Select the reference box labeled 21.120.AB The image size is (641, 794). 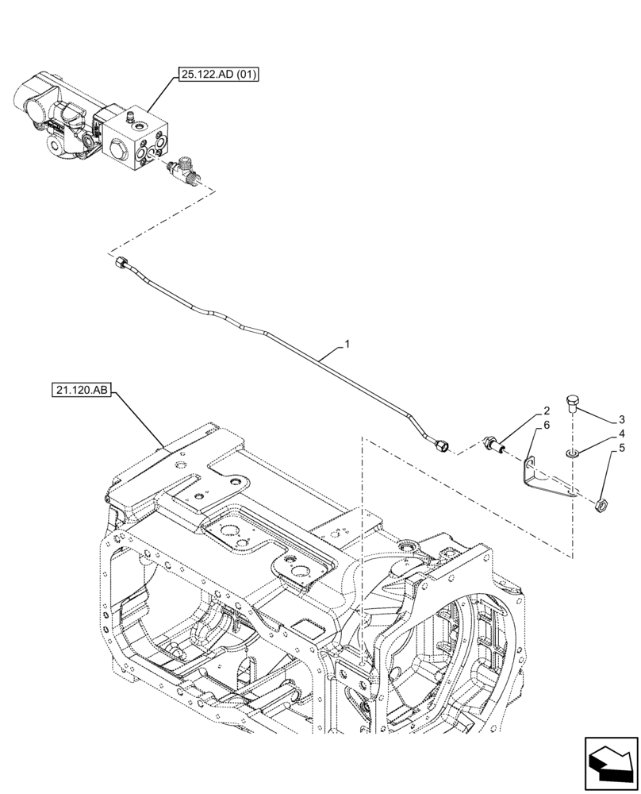(83, 390)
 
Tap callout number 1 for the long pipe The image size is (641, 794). (346, 345)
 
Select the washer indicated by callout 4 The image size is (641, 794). (572, 453)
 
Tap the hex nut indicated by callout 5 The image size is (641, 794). (601, 503)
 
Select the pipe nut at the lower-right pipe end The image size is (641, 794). (442, 446)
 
